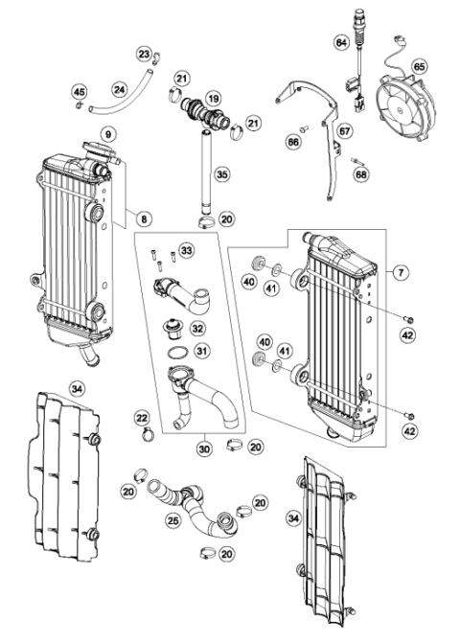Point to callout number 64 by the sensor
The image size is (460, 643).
(340, 42)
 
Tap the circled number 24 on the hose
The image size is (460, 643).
(119, 89)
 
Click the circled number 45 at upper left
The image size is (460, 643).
(80, 91)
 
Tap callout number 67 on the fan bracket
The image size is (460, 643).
(344, 130)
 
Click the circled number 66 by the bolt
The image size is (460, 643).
(294, 141)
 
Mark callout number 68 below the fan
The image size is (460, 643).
(360, 174)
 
